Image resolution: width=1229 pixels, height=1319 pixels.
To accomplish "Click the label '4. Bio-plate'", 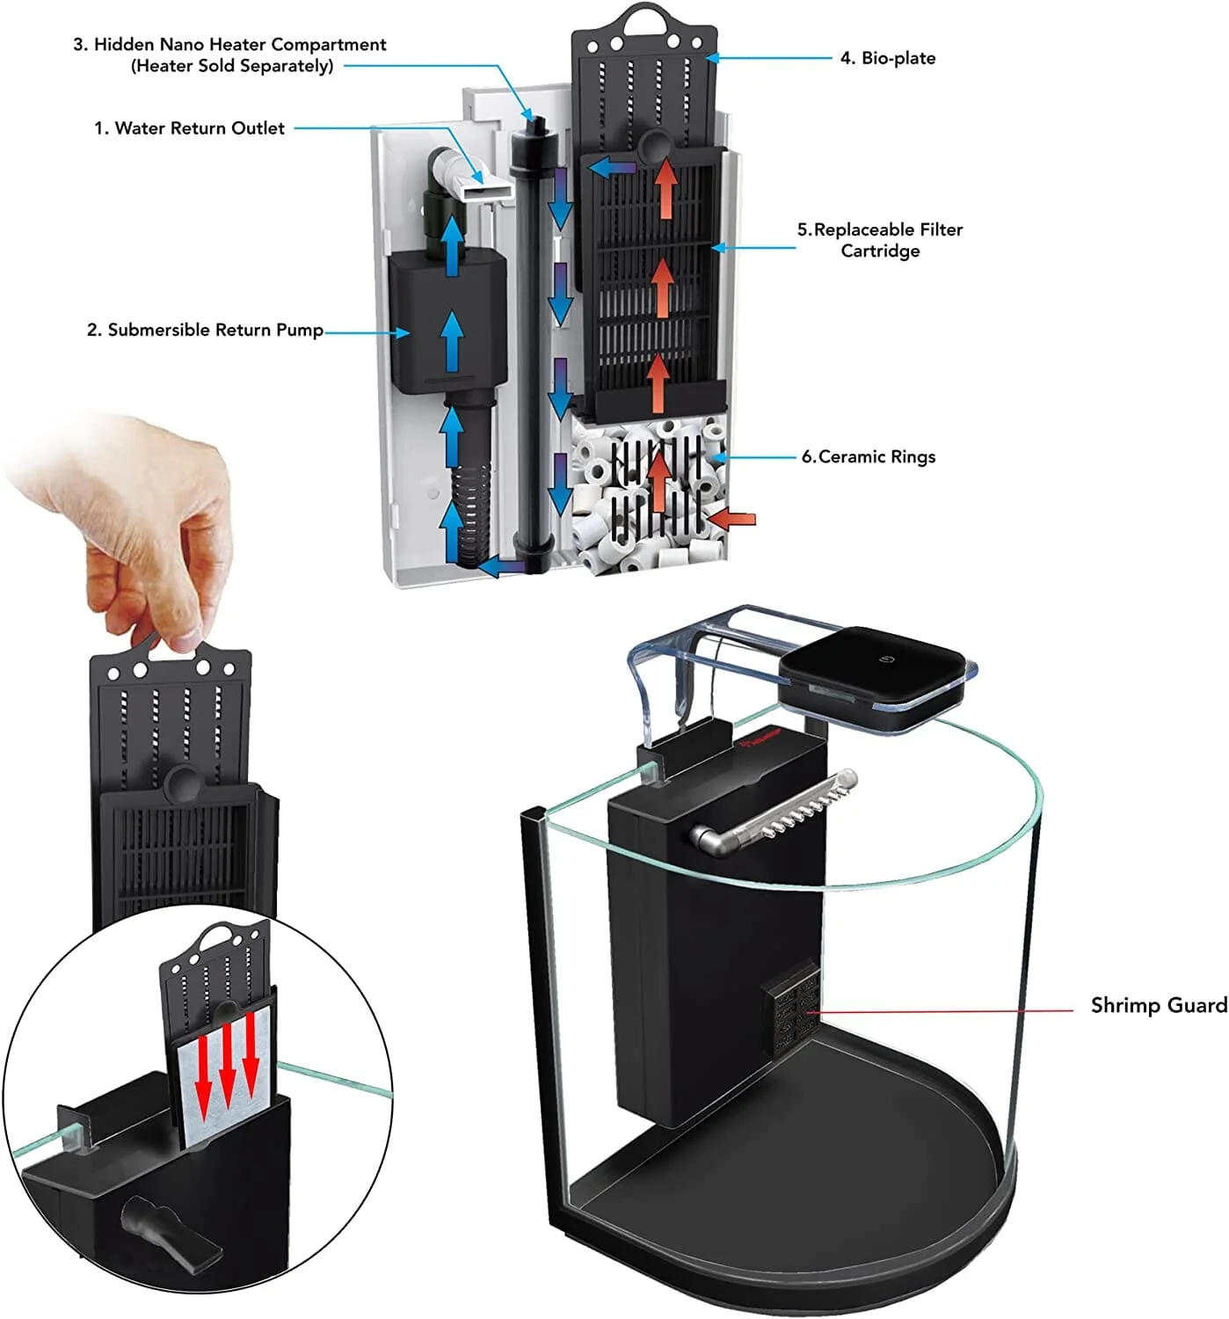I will click(887, 58).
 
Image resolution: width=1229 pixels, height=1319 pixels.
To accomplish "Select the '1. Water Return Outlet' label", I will click(189, 128).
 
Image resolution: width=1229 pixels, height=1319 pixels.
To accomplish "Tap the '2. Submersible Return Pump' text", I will click(205, 331).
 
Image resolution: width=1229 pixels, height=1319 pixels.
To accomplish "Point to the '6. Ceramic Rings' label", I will click(868, 456).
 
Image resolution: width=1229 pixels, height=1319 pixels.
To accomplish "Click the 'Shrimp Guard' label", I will click(1158, 1005).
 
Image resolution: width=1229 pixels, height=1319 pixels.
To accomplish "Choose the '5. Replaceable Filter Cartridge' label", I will click(879, 240).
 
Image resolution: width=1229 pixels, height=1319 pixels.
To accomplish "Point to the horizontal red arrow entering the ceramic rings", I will click(731, 520).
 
